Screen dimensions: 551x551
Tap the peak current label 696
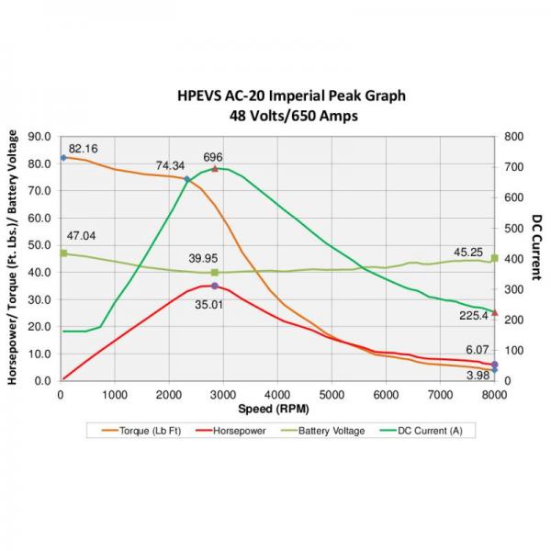(213, 157)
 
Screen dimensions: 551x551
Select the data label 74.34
(170, 166)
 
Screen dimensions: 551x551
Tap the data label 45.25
(468, 252)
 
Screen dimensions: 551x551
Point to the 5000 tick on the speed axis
(332, 395)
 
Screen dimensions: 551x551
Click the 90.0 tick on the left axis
(39, 137)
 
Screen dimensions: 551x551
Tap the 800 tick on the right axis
(513, 137)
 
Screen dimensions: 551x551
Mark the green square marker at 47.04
(63, 253)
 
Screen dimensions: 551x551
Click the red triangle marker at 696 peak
(215, 169)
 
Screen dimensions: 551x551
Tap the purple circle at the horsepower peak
(215, 287)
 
